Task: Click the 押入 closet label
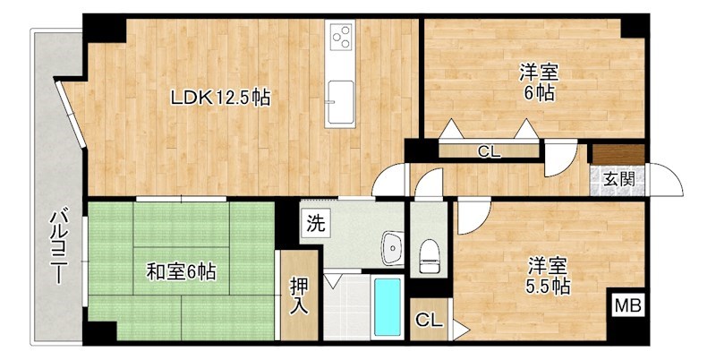coord(298,296)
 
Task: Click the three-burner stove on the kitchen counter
coord(341,38)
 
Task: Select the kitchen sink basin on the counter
coord(340,95)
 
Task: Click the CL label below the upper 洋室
coord(488,152)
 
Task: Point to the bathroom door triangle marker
coord(333,280)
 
